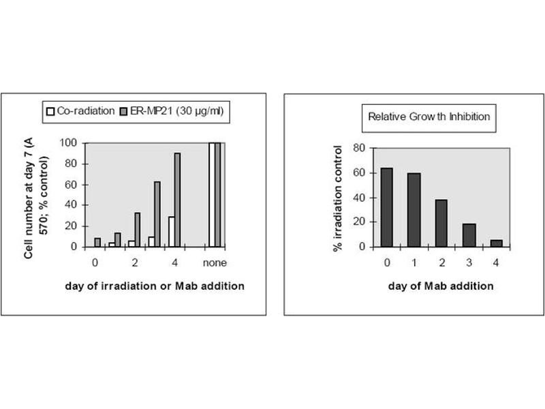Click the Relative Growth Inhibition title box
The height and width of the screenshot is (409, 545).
pyautogui.click(x=429, y=117)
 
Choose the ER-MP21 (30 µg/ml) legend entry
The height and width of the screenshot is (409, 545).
pyautogui.click(x=173, y=110)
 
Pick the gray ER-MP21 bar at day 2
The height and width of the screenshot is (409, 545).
pyautogui.click(x=137, y=230)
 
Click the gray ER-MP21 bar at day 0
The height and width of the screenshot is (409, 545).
pyautogui.click(x=97, y=242)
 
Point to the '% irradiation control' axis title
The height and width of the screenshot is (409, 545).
pyautogui.click(x=337, y=198)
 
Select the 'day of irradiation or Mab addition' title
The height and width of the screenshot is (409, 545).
pyautogui.click(x=156, y=286)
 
